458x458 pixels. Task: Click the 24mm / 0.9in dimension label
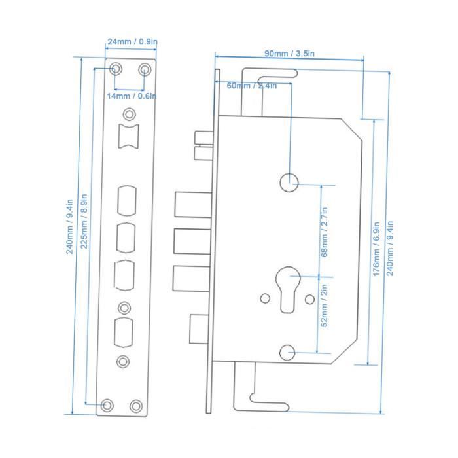(132, 42)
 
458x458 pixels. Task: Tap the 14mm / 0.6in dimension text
(132, 96)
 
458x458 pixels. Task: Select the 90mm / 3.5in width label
(289, 54)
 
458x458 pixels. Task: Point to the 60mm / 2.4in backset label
(252, 86)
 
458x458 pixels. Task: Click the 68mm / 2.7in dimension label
(325, 232)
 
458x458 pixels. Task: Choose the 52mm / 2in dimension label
(325, 306)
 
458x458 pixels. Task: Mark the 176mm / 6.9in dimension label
(376, 249)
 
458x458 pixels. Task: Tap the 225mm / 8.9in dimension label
(84, 221)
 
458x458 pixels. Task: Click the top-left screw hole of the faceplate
(116, 69)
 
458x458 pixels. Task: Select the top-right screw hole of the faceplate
(145, 70)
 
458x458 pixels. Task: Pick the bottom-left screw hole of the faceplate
(107, 405)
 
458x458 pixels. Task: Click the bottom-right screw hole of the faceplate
(136, 406)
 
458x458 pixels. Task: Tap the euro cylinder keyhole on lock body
(288, 289)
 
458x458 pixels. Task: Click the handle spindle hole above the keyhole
(289, 183)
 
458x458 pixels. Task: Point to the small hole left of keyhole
(265, 298)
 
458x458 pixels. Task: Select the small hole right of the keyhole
(309, 299)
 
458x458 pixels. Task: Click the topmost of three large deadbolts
(194, 204)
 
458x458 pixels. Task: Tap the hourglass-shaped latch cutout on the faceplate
(128, 136)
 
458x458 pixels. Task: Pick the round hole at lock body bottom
(287, 352)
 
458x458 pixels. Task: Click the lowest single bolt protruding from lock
(199, 329)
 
